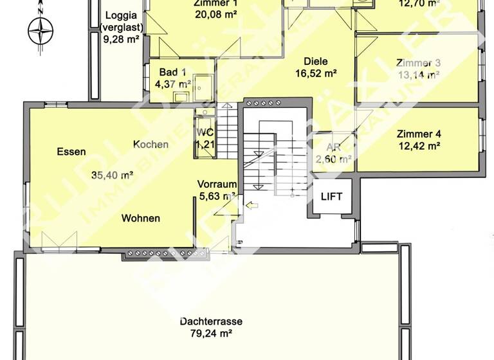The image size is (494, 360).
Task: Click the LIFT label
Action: click(x=331, y=197)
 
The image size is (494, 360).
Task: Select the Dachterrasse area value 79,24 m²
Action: click(x=206, y=334)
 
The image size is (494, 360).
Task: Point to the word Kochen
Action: click(x=151, y=145)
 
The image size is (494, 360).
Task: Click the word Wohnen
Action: click(x=141, y=218)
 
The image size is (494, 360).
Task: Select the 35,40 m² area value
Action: click(x=112, y=174)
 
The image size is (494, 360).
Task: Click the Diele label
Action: click(x=316, y=62)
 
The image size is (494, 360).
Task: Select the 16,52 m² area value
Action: click(x=316, y=73)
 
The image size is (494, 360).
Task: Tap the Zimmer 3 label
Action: click(x=418, y=62)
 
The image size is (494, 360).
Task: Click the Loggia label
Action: click(x=119, y=16)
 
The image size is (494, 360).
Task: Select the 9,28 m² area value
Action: click(x=120, y=39)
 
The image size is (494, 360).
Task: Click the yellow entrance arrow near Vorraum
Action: click(x=251, y=206)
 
